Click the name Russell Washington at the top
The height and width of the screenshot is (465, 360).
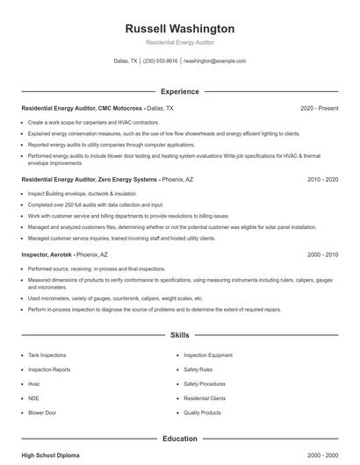179,29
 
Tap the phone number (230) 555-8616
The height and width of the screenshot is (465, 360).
160,61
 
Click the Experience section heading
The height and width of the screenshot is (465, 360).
179,91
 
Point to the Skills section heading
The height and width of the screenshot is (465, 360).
179,335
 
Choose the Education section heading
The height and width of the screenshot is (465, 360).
179,438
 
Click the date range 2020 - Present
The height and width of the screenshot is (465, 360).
319,108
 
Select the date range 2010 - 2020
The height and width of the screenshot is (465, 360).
322,179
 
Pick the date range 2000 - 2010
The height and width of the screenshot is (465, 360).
322,254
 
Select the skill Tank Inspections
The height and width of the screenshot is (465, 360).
47,355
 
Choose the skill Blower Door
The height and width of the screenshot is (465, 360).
41,411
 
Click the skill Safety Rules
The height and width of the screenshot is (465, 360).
199,369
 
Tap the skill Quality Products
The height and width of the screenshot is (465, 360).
203,411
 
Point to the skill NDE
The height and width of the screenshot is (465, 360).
33,397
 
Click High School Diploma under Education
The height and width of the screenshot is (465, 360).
52,456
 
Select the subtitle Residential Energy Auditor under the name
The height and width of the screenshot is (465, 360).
179,43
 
